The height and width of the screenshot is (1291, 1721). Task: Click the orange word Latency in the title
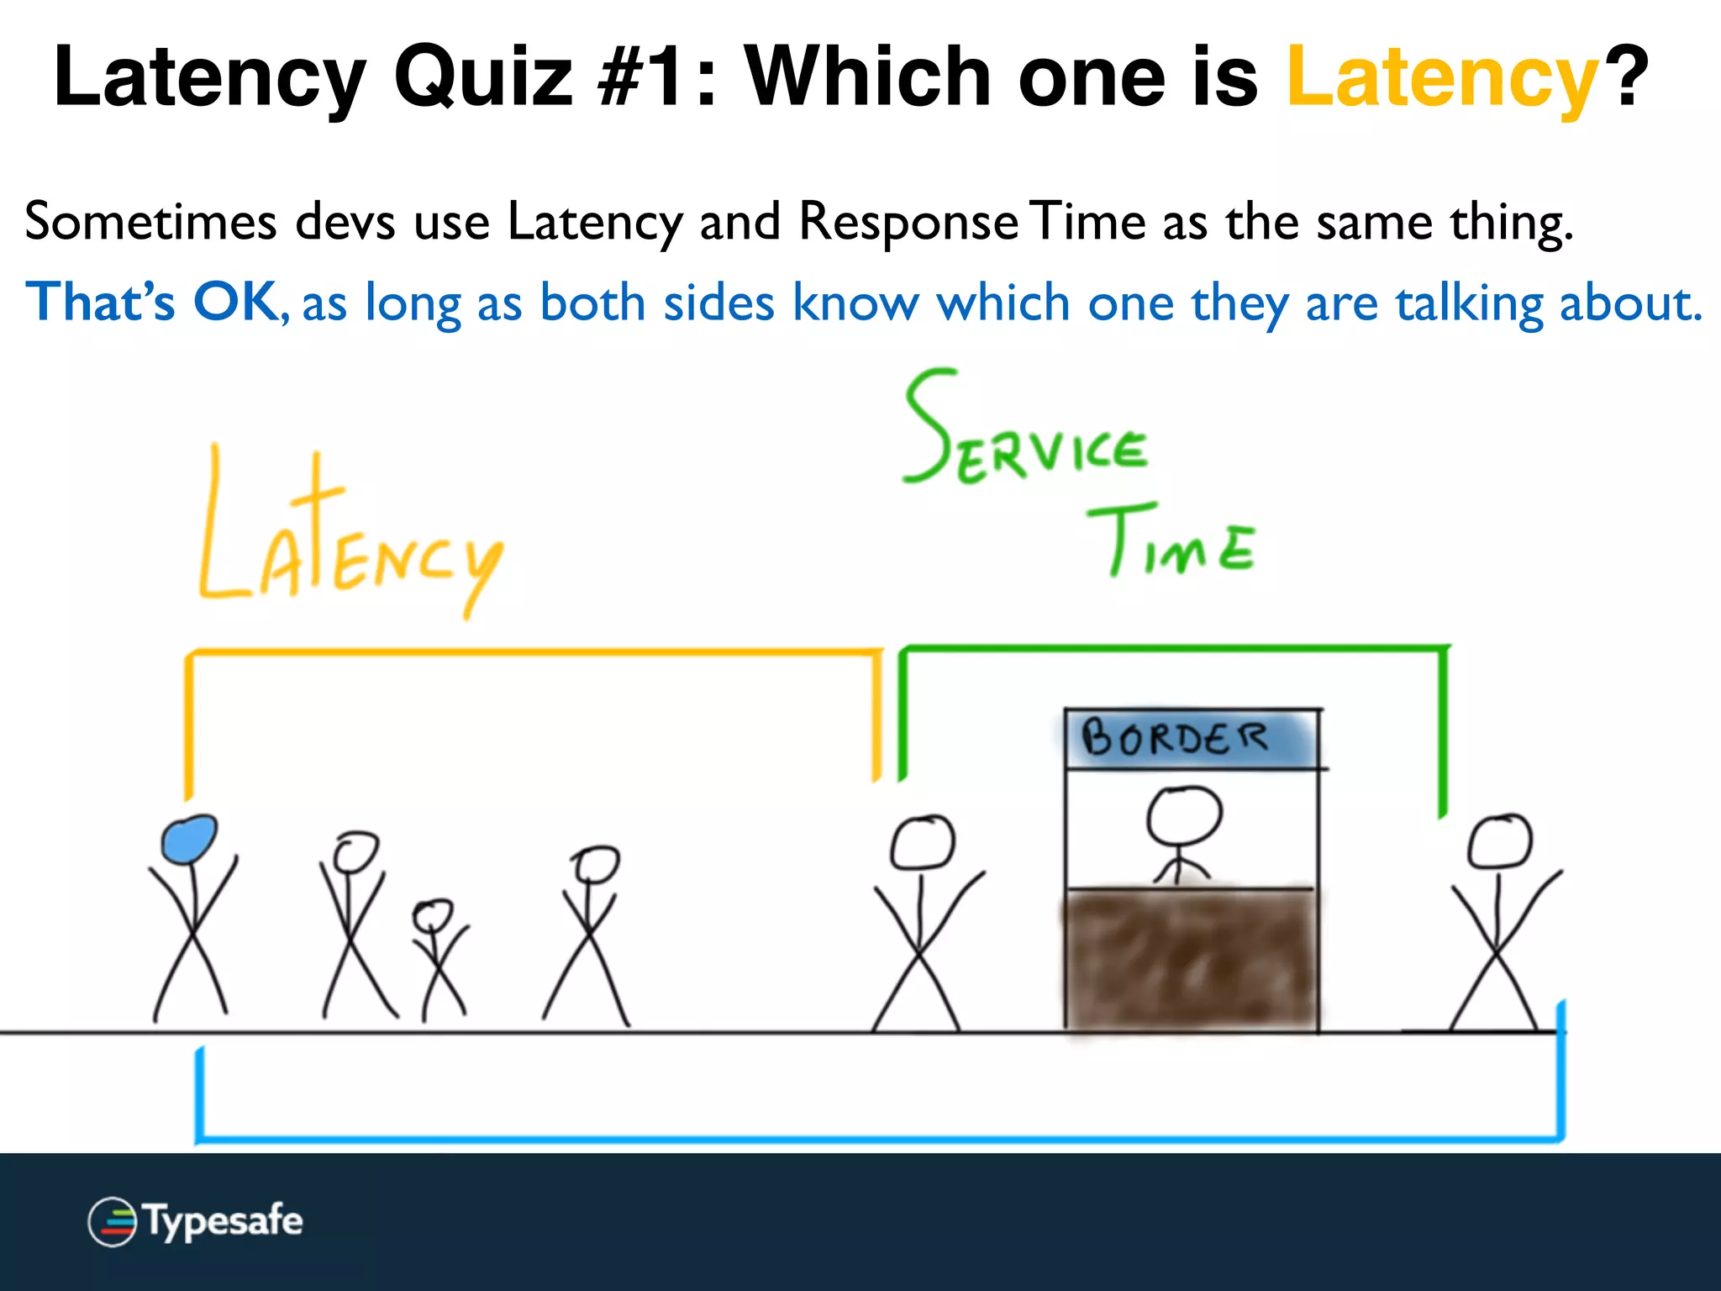point(1441,77)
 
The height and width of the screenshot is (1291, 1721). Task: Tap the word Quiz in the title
point(483,77)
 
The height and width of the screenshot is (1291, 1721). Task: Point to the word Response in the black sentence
point(908,224)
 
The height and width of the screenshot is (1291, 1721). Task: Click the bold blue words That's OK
point(151,302)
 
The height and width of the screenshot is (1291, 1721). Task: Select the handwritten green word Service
point(1025,433)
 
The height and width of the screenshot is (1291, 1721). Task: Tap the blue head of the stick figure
point(189,839)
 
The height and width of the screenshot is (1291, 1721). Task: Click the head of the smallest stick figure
point(433,914)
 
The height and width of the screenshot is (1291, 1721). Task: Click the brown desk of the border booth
point(1190,958)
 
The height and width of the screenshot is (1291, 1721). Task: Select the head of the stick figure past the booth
point(1500,840)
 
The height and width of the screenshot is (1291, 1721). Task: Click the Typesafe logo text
point(223,1220)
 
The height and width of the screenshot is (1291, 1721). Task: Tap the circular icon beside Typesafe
point(112,1221)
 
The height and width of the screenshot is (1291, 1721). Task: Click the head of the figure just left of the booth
point(922,843)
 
